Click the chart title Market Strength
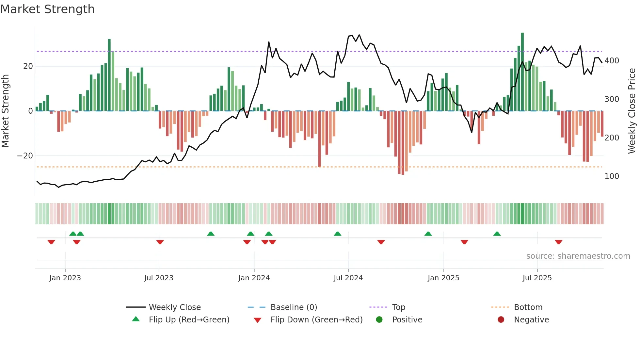(x=47, y=9)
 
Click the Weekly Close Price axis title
(x=632, y=111)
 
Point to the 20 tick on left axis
(x=28, y=66)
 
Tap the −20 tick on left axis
(x=25, y=156)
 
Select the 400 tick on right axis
(x=612, y=61)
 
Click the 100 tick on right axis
(x=612, y=176)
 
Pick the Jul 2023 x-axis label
(x=159, y=278)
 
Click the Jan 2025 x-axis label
(x=443, y=278)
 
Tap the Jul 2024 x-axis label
(x=348, y=278)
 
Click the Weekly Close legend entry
(x=175, y=307)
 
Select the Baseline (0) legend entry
(x=294, y=307)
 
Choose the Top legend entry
(x=398, y=307)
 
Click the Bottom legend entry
(x=528, y=307)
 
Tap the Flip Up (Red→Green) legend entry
(x=189, y=320)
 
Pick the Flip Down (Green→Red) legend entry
(x=316, y=320)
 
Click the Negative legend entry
(x=531, y=320)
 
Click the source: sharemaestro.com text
(x=578, y=256)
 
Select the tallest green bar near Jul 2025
(x=522, y=72)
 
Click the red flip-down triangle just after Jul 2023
(x=160, y=242)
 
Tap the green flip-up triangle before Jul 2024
(x=338, y=234)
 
